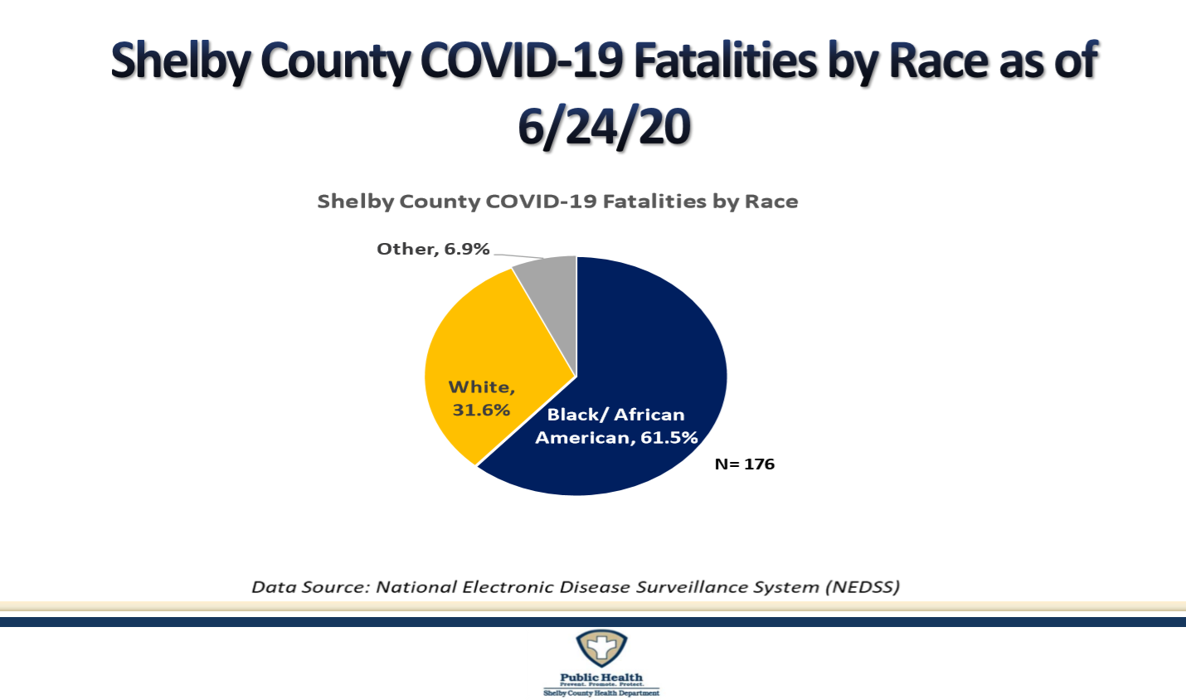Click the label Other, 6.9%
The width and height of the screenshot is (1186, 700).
point(433,249)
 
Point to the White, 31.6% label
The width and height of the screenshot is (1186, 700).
point(481,399)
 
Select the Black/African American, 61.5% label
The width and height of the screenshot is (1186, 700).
point(615,426)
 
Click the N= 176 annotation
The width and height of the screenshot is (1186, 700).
point(744,464)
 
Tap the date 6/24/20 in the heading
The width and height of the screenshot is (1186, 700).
point(604,127)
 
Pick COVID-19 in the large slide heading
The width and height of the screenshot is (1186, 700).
point(522,62)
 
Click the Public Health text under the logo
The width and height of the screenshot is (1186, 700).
point(601,677)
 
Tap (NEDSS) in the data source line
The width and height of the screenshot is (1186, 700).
point(862,587)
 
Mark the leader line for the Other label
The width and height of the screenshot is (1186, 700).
point(518,256)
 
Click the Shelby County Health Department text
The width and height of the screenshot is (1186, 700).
point(601,693)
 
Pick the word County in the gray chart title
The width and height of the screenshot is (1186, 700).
point(440,202)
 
